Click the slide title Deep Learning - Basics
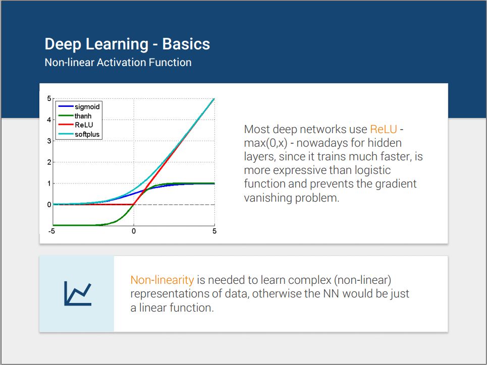[127, 44]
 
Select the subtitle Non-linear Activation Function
[118, 63]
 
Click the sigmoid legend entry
[80, 107]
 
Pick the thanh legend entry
[75, 116]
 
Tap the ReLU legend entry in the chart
[76, 125]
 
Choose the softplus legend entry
[79, 135]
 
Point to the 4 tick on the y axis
[49, 120]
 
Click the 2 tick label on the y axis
[49, 162]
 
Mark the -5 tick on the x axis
[51, 231]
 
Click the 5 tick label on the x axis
[214, 231]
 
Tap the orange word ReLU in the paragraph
[383, 129]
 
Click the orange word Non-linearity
[162, 280]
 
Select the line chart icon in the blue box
[78, 293]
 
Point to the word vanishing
[268, 198]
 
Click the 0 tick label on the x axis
[134, 231]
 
